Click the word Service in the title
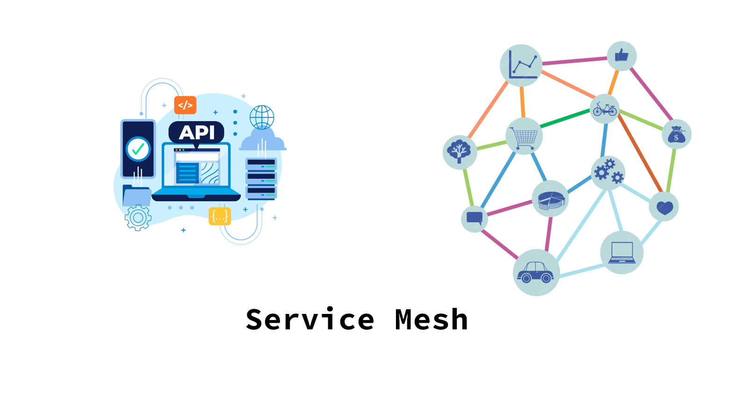point(310,320)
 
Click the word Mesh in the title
point(431,320)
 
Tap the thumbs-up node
point(621,56)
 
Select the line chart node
point(521,65)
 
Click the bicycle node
point(604,109)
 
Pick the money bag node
point(676,134)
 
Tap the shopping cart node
point(524,136)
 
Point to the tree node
point(460,152)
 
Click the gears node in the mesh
point(608,173)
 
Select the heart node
point(664,207)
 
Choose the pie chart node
point(550,198)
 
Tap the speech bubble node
point(475,218)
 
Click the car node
point(536,272)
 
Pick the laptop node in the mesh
point(622,253)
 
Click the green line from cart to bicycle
point(565,118)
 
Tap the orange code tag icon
point(185,105)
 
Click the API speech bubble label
point(196,132)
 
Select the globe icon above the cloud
point(262,117)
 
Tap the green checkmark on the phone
point(138,149)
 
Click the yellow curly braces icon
point(220,216)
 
